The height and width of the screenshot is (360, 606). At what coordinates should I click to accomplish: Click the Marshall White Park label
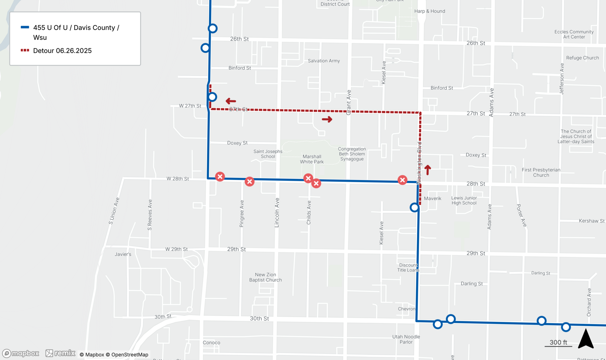(312, 159)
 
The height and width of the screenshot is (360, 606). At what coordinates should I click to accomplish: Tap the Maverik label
(432, 199)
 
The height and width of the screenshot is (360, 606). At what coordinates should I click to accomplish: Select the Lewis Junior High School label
(464, 200)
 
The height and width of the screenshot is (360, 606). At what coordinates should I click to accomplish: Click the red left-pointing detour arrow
(231, 101)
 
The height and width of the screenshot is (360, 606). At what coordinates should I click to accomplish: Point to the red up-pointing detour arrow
(428, 170)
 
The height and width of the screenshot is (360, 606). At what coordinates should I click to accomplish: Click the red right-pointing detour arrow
(327, 120)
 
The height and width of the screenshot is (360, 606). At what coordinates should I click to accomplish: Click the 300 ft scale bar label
(558, 342)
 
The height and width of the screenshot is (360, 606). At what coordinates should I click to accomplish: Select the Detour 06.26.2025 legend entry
(62, 51)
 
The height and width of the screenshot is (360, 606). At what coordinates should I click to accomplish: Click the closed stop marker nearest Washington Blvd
(402, 180)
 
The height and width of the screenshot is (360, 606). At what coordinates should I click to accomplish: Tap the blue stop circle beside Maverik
(415, 207)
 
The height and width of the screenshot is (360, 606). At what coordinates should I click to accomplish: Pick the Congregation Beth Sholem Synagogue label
(352, 154)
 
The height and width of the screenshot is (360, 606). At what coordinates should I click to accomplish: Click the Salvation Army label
(324, 61)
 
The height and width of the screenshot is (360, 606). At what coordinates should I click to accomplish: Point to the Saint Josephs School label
(268, 154)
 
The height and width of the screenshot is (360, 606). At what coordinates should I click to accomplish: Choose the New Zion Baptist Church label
(265, 277)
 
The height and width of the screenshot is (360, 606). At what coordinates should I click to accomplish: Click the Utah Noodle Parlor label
(406, 339)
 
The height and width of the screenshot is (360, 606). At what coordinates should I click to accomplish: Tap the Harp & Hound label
(430, 11)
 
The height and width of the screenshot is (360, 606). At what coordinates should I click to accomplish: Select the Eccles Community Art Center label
(574, 34)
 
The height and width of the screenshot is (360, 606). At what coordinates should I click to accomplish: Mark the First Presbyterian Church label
(541, 173)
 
